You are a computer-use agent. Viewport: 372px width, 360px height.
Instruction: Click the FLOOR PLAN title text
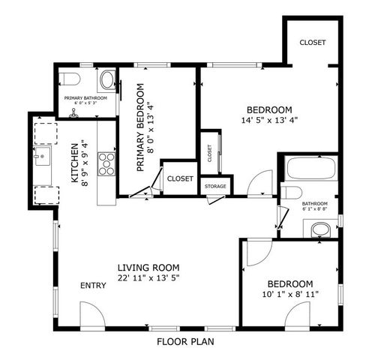click(185, 341)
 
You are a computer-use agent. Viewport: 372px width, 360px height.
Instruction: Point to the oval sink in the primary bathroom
click(108, 79)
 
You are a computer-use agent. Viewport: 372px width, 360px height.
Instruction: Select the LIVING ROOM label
click(148, 267)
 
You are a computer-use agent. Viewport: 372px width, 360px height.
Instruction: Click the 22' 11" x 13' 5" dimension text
click(148, 278)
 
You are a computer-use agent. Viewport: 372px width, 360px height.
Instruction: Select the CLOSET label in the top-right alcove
click(312, 43)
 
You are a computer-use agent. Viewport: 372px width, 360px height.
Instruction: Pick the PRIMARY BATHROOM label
click(85, 98)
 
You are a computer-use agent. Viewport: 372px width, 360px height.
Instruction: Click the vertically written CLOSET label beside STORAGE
click(209, 153)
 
